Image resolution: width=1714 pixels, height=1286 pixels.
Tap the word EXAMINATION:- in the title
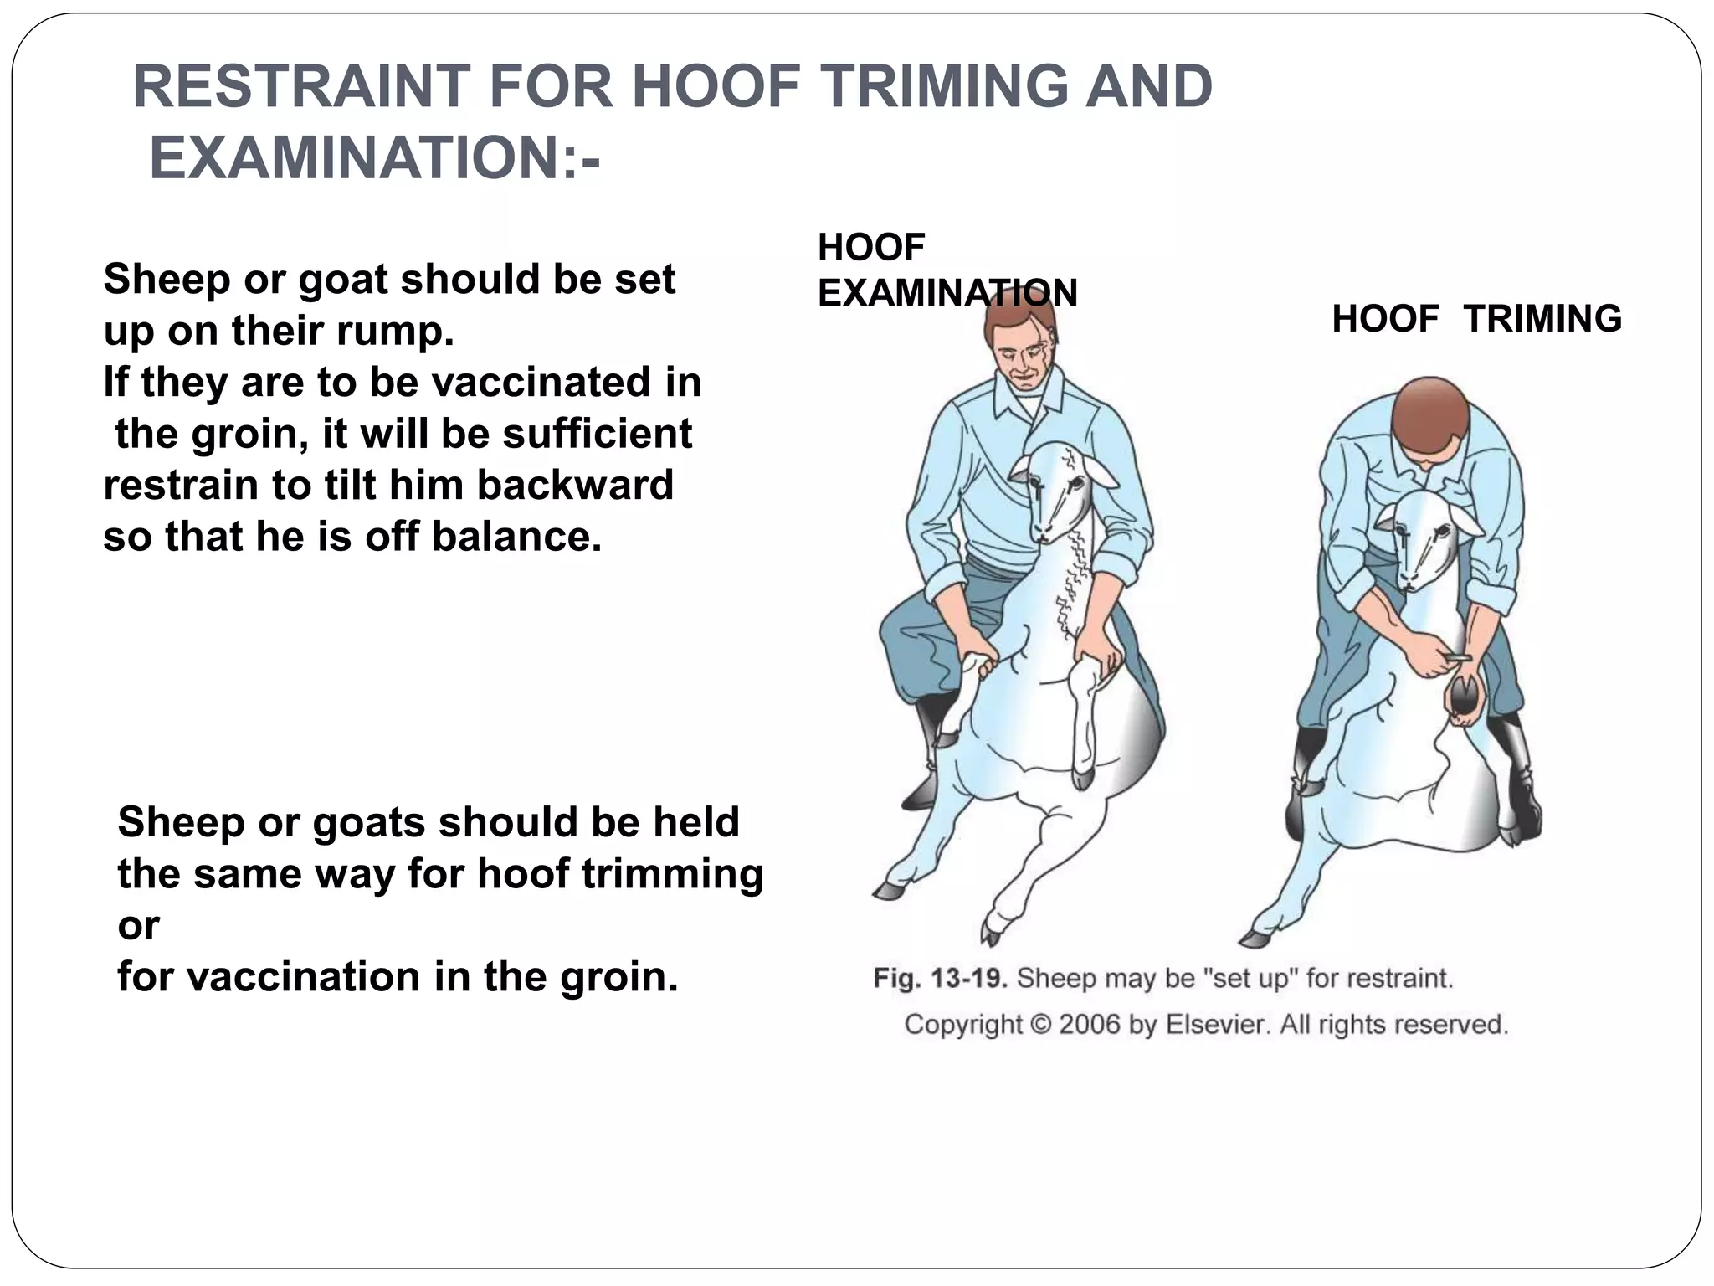(x=374, y=159)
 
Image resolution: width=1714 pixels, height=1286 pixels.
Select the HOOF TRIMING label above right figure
(x=1476, y=319)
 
